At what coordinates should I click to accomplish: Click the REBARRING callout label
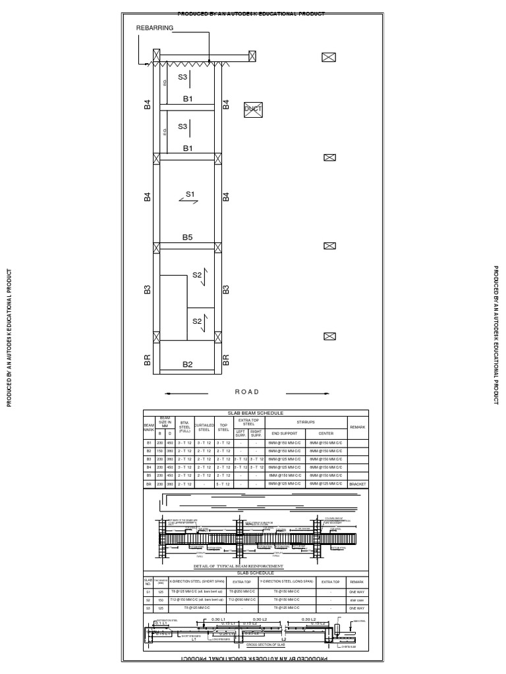click(x=155, y=28)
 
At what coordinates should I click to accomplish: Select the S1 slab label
click(x=190, y=194)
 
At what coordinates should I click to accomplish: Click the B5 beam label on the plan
click(x=188, y=238)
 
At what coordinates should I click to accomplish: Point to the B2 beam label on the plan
click(x=188, y=364)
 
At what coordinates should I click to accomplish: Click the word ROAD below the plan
click(x=248, y=392)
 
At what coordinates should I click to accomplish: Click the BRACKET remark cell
click(x=357, y=483)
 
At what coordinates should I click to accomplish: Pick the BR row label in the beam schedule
click(x=148, y=483)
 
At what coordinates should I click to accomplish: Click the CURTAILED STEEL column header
click(x=204, y=427)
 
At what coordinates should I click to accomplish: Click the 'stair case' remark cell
click(x=357, y=600)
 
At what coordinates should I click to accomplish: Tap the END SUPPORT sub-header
click(x=282, y=433)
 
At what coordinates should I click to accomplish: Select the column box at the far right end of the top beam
click(x=252, y=57)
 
